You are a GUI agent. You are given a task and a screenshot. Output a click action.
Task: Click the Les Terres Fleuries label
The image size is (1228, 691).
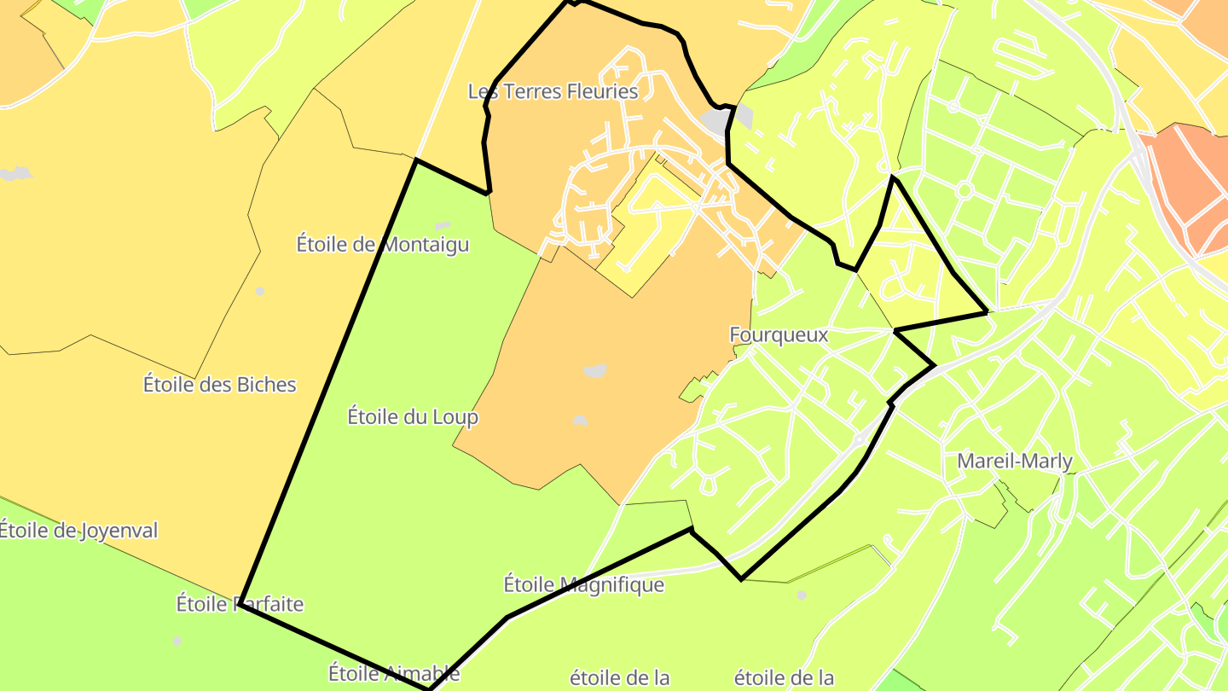[553, 91]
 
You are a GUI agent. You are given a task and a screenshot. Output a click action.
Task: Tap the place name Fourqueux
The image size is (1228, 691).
[779, 335]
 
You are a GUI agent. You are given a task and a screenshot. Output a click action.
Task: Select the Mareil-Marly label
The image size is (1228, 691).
[1015, 462]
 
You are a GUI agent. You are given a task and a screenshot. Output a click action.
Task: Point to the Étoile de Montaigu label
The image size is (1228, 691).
[383, 245]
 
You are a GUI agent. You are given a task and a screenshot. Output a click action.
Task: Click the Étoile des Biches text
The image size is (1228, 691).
[220, 385]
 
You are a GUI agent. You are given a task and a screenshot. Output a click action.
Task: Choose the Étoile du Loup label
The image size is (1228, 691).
[413, 417]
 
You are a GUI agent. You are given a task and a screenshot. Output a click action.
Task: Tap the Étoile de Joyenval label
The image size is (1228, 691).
[78, 531]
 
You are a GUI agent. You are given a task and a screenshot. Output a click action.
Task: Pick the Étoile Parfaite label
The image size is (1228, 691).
[240, 604]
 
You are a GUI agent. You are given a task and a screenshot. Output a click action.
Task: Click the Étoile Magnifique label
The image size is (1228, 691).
[583, 584]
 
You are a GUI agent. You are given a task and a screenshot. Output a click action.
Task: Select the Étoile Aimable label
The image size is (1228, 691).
[394, 673]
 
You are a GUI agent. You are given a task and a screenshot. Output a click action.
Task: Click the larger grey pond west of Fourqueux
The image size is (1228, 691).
[594, 371]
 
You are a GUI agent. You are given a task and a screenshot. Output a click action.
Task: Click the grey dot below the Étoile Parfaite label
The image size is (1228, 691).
[177, 641]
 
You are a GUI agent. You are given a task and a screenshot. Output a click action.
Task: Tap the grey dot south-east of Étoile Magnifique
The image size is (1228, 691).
[801, 595]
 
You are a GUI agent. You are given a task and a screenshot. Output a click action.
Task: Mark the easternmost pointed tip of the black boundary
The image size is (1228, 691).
[988, 312]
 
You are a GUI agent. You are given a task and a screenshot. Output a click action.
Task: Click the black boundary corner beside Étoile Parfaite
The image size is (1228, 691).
[241, 602]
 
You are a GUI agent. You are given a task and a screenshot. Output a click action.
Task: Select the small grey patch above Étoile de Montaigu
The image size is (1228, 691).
[442, 226]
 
